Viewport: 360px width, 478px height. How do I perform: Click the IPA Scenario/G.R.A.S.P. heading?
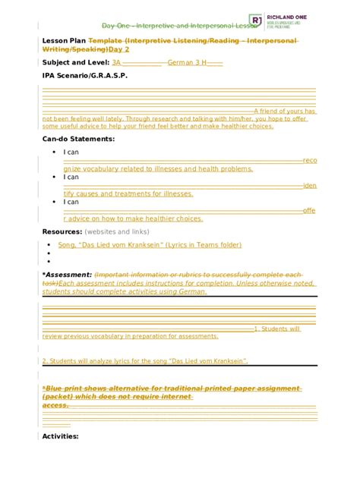pos(84,76)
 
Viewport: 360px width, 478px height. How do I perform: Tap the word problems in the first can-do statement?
pos(235,168)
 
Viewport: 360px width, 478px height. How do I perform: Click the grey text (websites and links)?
pos(117,231)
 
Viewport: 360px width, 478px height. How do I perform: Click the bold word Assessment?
pos(68,274)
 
